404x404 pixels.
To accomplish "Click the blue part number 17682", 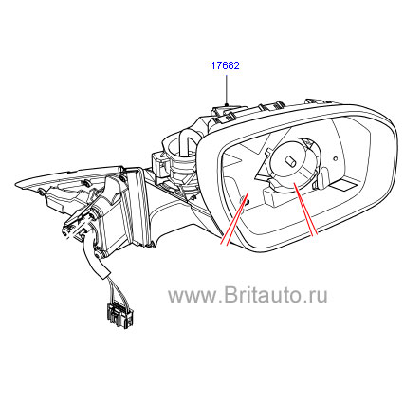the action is coord(225,65).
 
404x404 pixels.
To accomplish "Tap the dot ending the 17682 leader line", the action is coord(227,104).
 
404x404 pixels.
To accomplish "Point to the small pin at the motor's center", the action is coord(290,161).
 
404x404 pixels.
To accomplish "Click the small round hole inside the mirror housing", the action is coord(336,158).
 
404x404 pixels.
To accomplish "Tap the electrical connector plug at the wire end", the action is coord(118,312).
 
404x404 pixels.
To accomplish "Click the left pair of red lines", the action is coord(234,218).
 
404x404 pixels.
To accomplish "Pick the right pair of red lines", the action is coord(305,210).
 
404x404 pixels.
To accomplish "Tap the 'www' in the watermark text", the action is coord(193,297).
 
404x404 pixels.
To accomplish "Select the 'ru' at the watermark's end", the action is coord(318,297).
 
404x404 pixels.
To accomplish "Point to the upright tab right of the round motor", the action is coord(324,178).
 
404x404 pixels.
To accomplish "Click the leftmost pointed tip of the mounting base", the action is coord(16,184).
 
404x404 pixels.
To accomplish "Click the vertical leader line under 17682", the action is coord(227,89).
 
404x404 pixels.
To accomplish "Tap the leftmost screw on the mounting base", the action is coord(41,192).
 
